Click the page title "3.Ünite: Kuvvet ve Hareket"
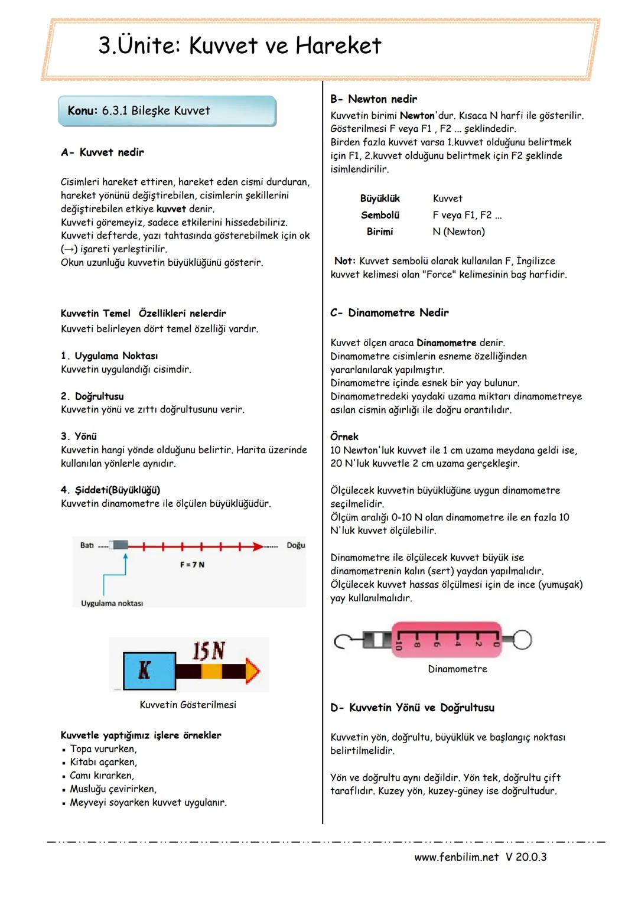click(240, 45)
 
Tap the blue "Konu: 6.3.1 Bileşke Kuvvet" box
click(167, 111)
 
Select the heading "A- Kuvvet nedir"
click(102, 152)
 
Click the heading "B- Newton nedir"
click(373, 99)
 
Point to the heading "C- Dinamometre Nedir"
click(389, 312)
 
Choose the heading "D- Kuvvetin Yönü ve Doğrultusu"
click(412, 708)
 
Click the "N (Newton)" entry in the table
click(458, 232)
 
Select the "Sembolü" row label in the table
click(380, 215)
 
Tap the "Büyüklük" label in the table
click(380, 198)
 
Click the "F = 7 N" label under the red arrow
click(192, 565)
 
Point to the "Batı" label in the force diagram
click(87, 545)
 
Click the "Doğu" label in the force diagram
click(295, 545)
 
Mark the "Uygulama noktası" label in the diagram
click(112, 603)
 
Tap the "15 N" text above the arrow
click(209, 651)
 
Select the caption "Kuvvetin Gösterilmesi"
click(188, 705)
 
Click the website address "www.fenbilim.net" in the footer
click(456, 857)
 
